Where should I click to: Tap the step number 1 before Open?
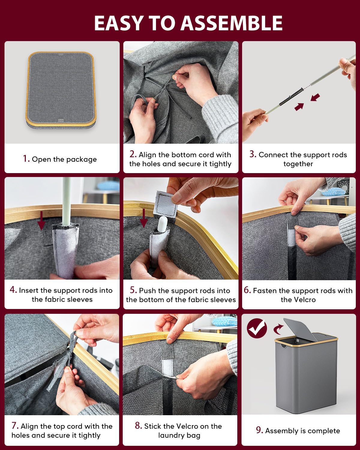pyautogui.click(x=26, y=159)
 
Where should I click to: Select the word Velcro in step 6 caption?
pyautogui.click(x=298, y=300)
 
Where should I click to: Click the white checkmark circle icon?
pyautogui.click(x=257, y=328)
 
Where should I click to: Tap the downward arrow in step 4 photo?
pyautogui.click(x=41, y=220)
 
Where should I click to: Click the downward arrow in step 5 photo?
pyautogui.click(x=143, y=218)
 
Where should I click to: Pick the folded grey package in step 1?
pyautogui.click(x=61, y=90)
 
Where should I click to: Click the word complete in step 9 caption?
pyautogui.click(x=324, y=431)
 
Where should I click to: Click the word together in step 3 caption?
pyautogui.click(x=298, y=164)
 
